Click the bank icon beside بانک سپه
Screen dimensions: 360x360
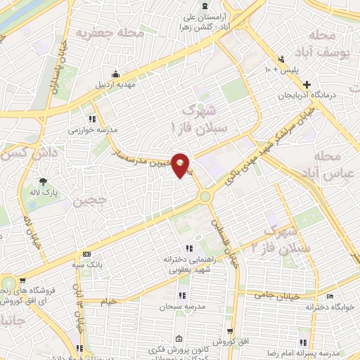(x=87, y=254)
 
